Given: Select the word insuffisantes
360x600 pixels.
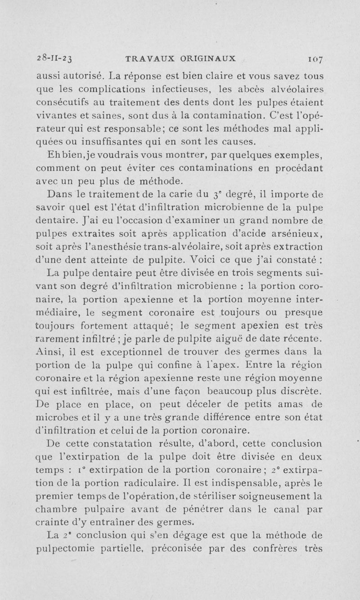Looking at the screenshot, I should click(113, 142).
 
